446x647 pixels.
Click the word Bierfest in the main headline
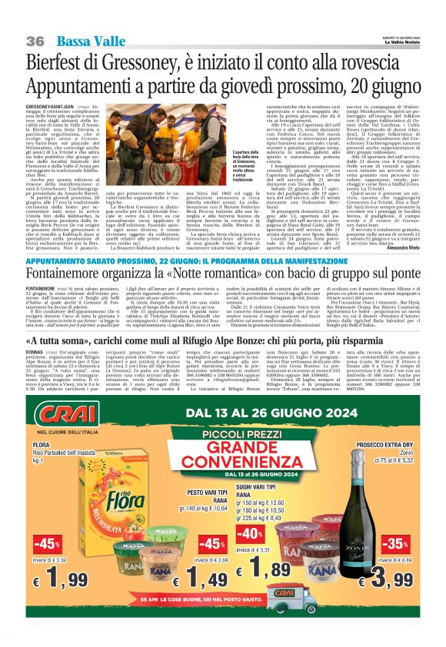click(58, 63)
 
